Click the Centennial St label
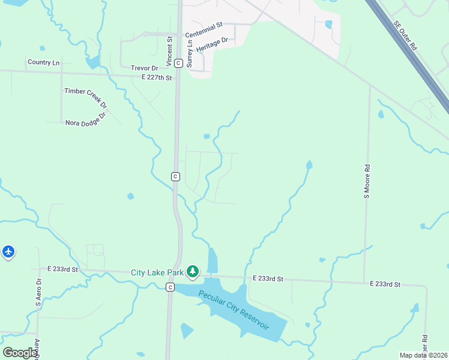pyautogui.click(x=203, y=25)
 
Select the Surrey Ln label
pyautogui.click(x=190, y=53)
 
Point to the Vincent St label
pyautogui.click(x=170, y=51)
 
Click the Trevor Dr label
pyautogui.click(x=143, y=68)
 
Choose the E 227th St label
pyautogui.click(x=157, y=78)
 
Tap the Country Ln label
pyautogui.click(x=44, y=62)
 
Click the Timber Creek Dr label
pyautogui.click(x=85, y=98)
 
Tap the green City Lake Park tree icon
pyautogui.click(x=193, y=272)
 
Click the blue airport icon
pyautogui.click(x=8, y=251)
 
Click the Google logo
pyautogui.click(x=20, y=353)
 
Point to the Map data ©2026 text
pyautogui.click(x=423, y=355)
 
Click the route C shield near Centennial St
pyautogui.click(x=178, y=62)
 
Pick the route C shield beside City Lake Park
pyautogui.click(x=170, y=287)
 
